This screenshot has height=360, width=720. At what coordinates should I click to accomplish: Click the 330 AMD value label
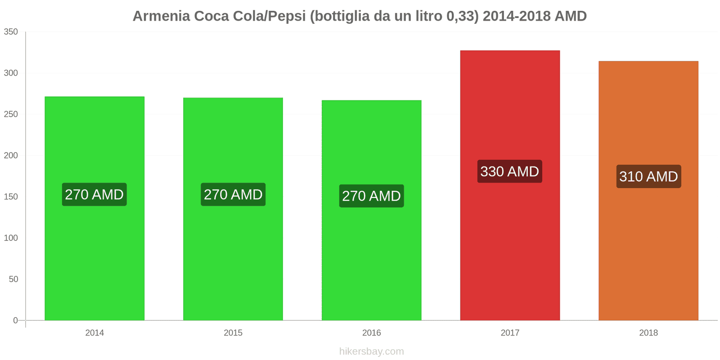pyautogui.click(x=510, y=171)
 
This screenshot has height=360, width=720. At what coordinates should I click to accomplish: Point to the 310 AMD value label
pyautogui.click(x=648, y=176)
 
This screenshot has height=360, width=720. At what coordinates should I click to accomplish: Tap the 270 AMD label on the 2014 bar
pyautogui.click(x=94, y=194)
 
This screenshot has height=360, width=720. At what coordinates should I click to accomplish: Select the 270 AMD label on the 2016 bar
pyautogui.click(x=371, y=196)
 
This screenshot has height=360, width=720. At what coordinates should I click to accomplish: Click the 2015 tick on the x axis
pyautogui.click(x=233, y=333)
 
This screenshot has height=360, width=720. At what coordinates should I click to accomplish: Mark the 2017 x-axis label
pyautogui.click(x=510, y=333)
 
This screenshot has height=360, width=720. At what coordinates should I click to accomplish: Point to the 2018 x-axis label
pyautogui.click(x=648, y=333)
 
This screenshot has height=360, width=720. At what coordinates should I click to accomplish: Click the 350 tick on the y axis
pyautogui.click(x=11, y=31)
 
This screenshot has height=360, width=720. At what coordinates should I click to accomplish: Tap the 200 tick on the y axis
pyautogui.click(x=11, y=155)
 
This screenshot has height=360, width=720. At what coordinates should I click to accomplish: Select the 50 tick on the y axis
pyautogui.click(x=13, y=279)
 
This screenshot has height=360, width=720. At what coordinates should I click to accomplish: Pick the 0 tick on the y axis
pyautogui.click(x=15, y=320)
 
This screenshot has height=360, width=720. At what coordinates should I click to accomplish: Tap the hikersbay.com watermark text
pyautogui.click(x=371, y=351)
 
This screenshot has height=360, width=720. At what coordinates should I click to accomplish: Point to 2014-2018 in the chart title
pyautogui.click(x=516, y=16)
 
